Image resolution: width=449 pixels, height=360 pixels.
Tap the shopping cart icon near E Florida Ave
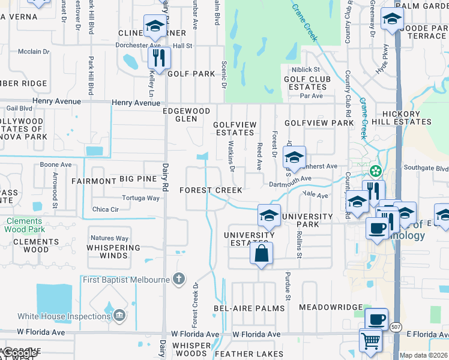(x=371, y=340)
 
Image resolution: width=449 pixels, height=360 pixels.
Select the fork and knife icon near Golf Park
(x=159, y=58)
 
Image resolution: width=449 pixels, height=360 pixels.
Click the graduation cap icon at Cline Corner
(x=155, y=26)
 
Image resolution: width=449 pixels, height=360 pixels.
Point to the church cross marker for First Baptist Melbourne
(x=178, y=279)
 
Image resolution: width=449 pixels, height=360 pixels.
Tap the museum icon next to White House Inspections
(x=119, y=315)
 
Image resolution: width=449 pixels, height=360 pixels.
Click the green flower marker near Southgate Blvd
(x=376, y=172)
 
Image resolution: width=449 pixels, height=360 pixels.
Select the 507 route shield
(x=395, y=327)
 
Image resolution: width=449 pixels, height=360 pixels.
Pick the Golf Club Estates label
(x=305, y=83)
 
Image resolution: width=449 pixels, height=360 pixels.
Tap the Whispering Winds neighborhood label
(x=113, y=251)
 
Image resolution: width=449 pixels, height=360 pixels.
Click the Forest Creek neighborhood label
(x=211, y=190)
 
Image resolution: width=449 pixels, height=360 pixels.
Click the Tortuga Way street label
(x=141, y=198)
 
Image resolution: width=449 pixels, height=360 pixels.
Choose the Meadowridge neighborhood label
(x=331, y=307)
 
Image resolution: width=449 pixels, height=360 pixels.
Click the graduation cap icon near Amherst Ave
(x=294, y=157)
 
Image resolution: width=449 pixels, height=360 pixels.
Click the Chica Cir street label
(x=106, y=209)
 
